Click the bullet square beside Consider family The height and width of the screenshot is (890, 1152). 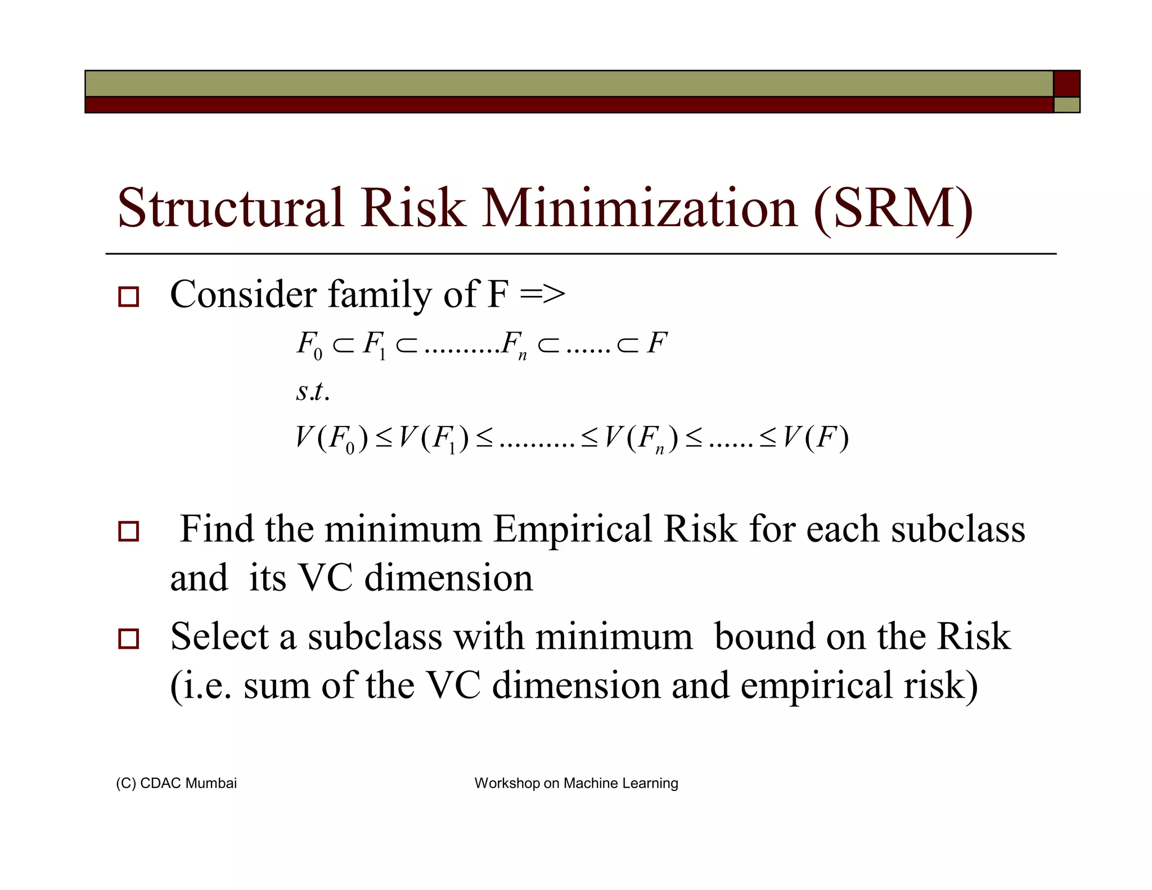click(x=128, y=296)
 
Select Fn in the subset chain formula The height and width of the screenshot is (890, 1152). click(x=514, y=345)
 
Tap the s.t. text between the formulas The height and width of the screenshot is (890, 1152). click(x=312, y=392)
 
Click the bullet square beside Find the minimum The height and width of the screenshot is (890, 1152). click(x=128, y=531)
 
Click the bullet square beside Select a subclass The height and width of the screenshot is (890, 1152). click(x=128, y=639)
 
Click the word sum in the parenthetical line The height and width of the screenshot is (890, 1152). click(x=276, y=686)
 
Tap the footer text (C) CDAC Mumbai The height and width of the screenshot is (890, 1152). click(x=176, y=783)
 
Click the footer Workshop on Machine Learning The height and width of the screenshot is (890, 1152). click(x=576, y=783)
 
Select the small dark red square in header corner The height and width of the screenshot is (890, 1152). click(x=1066, y=84)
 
